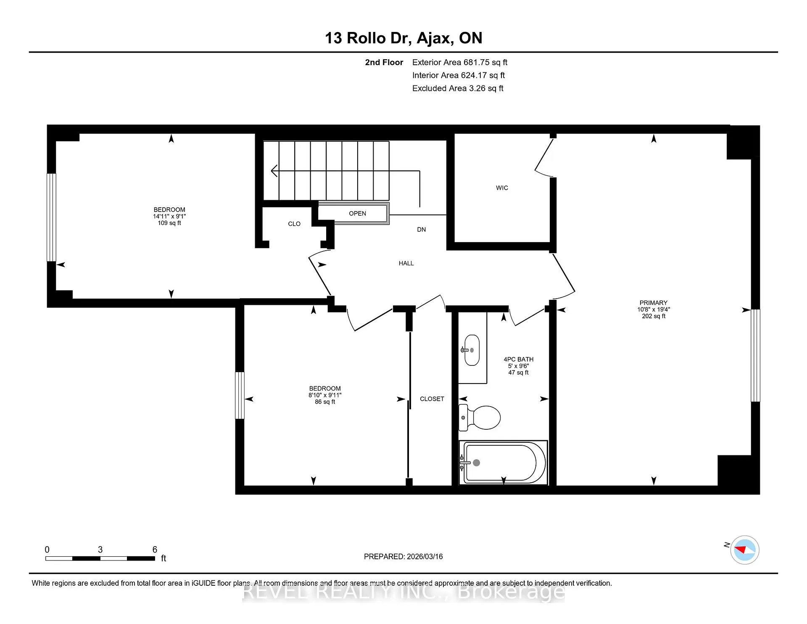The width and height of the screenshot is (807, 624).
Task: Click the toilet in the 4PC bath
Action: click(479, 418)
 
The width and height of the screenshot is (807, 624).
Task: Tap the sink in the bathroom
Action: click(472, 350)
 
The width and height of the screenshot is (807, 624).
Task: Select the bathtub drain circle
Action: click(476, 463)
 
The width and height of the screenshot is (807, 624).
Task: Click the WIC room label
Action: click(502, 188)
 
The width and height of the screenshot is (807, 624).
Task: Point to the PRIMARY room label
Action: click(653, 303)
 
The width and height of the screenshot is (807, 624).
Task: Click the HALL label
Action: click(406, 263)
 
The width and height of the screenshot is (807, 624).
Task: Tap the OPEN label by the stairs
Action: click(357, 214)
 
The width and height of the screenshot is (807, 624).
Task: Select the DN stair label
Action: click(421, 230)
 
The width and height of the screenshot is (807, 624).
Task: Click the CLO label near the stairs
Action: click(294, 224)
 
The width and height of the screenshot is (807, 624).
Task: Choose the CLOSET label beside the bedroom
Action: click(432, 399)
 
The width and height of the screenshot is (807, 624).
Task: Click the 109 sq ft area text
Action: click(169, 223)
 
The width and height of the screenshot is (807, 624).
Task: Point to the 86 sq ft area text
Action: click(325, 402)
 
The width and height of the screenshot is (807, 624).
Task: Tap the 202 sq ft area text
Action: click(654, 316)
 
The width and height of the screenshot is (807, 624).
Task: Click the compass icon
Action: click(744, 550)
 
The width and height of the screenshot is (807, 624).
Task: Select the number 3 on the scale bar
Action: click(100, 550)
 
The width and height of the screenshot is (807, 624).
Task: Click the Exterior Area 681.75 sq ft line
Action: click(459, 62)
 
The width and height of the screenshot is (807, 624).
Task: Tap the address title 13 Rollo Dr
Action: click(367, 38)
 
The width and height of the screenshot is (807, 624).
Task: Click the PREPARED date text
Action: click(403, 556)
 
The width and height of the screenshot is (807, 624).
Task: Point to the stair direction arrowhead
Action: click(274, 171)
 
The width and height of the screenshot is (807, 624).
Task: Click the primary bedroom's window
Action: click(755, 356)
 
